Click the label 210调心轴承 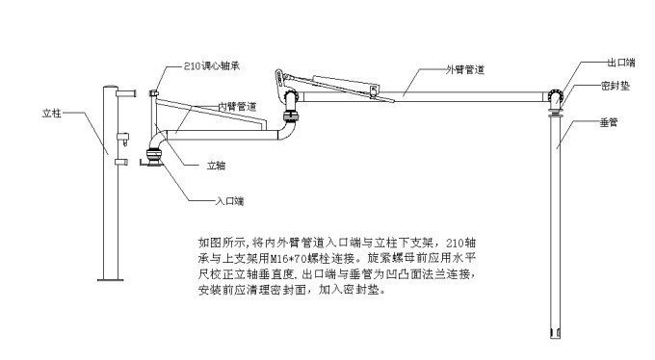tap(212, 66)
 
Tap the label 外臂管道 tap(465, 69)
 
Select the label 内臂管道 tap(237, 107)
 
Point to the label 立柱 tap(51, 114)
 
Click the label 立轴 tap(216, 166)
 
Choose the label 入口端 tap(229, 201)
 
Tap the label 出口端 tap(621, 63)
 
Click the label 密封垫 tap(616, 86)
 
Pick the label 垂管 tap(609, 122)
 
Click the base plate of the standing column tap(110, 279)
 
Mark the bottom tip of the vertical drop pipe tap(555, 337)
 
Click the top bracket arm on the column tap(126, 93)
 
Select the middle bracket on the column tap(123, 139)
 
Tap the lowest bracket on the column tap(121, 162)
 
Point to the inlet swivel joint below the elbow tap(154, 155)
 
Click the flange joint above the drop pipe tap(556, 111)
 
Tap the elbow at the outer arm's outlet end tap(555, 98)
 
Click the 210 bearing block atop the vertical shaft tap(154, 93)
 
